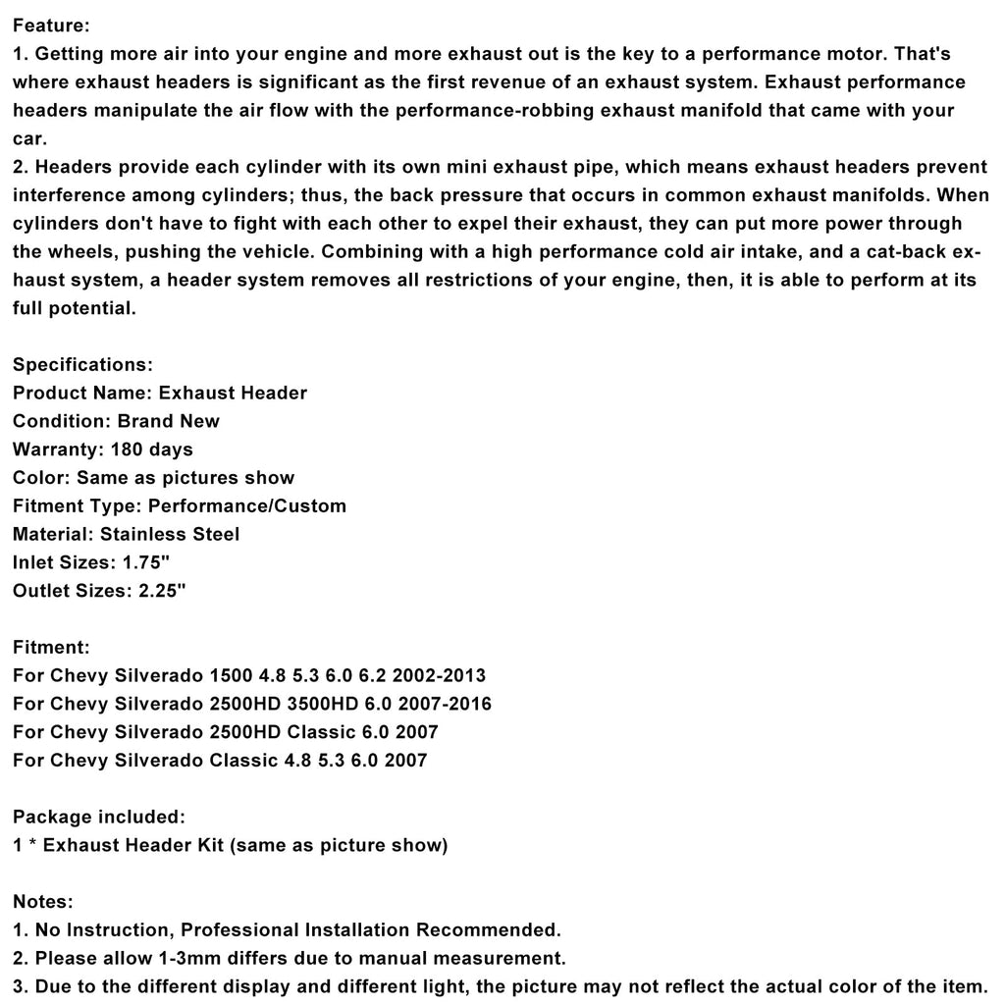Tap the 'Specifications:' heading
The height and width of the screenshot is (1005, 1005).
[x=82, y=364]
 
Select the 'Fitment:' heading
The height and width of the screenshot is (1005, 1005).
[x=51, y=647]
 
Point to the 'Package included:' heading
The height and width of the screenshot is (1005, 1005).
[x=98, y=817]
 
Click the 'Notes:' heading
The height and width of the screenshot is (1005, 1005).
[x=43, y=901]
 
